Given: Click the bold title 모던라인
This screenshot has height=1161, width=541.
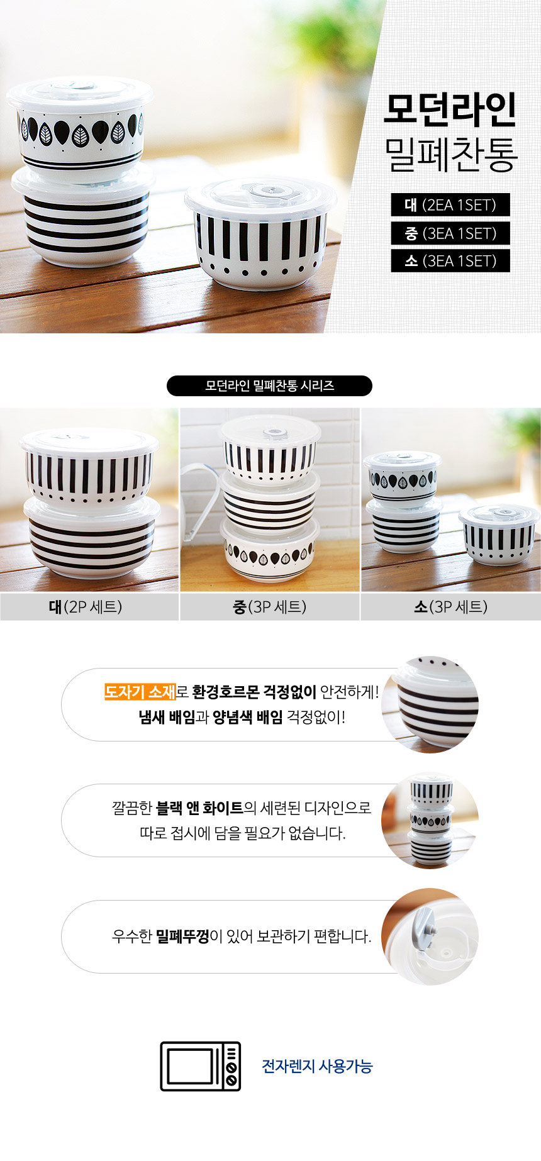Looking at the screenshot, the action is coord(450,109).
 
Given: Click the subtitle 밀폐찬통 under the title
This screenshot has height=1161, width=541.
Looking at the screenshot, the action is coord(450,154).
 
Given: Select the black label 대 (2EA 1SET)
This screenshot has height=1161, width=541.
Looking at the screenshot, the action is coord(450,205).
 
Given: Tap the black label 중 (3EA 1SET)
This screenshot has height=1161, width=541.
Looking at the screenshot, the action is coord(450,233).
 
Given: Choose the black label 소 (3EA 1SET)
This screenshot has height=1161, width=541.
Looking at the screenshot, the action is coord(450,261).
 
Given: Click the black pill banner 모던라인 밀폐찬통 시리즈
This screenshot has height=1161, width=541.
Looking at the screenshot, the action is coord(269,386).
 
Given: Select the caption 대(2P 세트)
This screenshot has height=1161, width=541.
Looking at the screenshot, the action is coord(86,607).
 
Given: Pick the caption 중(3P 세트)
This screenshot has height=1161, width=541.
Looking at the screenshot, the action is coord(270,607).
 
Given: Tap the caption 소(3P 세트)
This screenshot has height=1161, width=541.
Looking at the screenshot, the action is coord(450,607).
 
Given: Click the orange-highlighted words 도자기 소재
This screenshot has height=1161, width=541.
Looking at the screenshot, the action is coord(140,692).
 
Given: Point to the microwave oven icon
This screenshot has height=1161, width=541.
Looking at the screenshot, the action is coord(201,1066).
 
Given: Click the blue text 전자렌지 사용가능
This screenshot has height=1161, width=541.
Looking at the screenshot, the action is coord(317,1067).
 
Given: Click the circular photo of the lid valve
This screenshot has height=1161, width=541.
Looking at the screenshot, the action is coord(430,936).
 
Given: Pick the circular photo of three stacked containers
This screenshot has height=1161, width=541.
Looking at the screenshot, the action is coord(430,821).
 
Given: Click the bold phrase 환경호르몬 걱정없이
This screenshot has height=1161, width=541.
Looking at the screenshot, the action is coord(254,692).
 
